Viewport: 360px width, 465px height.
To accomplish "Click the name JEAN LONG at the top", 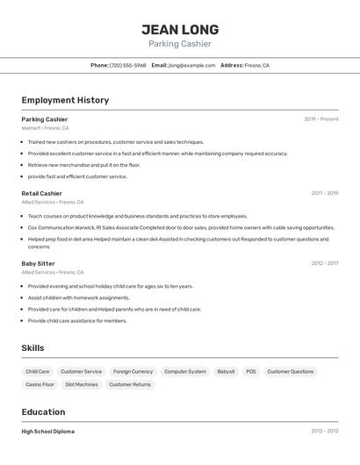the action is (x=180, y=30).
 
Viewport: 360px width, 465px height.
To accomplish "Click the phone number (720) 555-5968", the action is (x=128, y=65).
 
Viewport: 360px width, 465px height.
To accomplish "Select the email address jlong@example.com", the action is (x=191, y=65).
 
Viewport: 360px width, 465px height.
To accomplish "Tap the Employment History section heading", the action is (x=65, y=100).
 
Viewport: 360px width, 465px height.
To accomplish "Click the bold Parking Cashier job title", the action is (x=45, y=119).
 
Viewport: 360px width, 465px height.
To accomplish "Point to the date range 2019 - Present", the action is (x=320, y=119).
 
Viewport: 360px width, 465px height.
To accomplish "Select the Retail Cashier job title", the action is (x=41, y=193).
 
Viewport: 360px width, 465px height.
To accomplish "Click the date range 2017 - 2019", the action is (x=324, y=193).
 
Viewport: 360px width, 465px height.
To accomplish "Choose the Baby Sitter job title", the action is (x=38, y=263).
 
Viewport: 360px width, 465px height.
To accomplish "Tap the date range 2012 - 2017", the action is (x=324, y=263).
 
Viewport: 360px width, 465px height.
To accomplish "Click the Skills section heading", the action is (x=32, y=348).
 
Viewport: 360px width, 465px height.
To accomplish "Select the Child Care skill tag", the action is (x=38, y=372).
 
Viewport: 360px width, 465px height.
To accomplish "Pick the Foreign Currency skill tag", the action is (x=133, y=372).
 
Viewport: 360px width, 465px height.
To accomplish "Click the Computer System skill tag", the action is (x=185, y=372).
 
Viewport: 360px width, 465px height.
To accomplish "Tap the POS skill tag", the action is (x=251, y=372).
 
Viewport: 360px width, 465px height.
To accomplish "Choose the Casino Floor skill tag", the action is (x=40, y=384).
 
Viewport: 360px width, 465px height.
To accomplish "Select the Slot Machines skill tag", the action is (x=82, y=384).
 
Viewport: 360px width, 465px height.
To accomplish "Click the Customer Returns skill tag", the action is (x=130, y=384).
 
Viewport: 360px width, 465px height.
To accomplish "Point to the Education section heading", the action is (x=43, y=412).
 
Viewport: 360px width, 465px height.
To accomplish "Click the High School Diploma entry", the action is (x=47, y=432).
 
